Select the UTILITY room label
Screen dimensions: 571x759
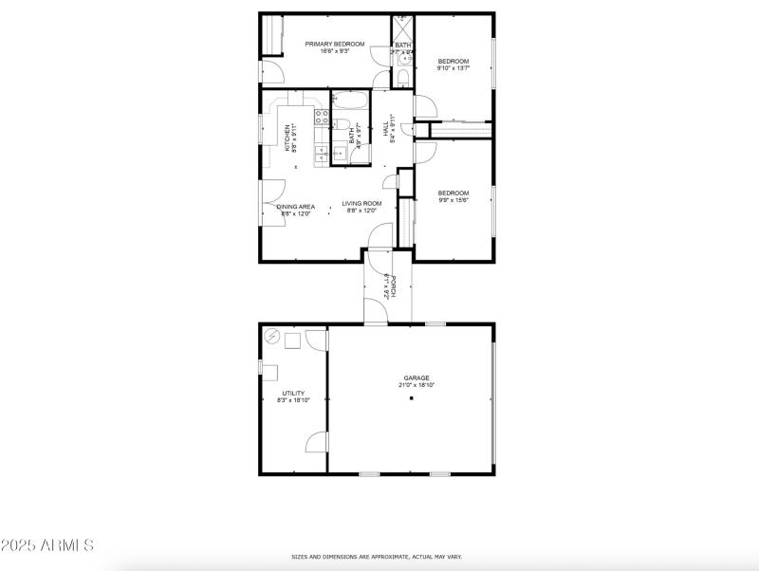pos(293,393)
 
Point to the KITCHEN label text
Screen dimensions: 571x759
pos(287,136)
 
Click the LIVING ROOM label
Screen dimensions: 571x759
pos(361,203)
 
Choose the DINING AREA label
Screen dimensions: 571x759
pos(296,206)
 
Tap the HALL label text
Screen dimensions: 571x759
pos(386,126)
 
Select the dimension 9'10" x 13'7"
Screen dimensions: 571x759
pos(453,68)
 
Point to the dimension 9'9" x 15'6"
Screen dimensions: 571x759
pos(453,200)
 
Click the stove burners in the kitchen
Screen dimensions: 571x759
pos(322,118)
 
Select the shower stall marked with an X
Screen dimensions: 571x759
pos(403,26)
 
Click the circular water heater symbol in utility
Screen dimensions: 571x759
pos(271,336)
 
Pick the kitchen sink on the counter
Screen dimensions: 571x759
pos(322,152)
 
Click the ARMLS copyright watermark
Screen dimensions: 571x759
pos(46,545)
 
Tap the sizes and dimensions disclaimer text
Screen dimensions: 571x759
pos(377,558)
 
